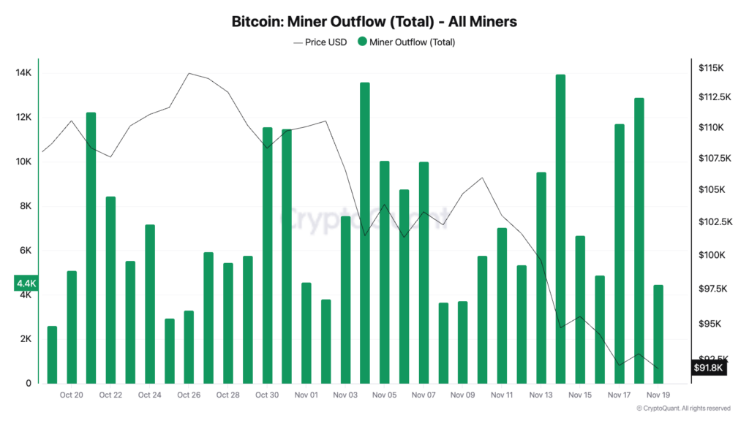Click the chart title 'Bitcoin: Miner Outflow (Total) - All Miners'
(374, 22)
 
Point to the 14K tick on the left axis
(23, 73)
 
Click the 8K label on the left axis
(24, 206)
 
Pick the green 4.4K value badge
(26, 283)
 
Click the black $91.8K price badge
(709, 368)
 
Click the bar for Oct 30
(267, 256)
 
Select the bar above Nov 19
(658, 334)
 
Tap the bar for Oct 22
(110, 290)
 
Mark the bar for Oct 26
(189, 347)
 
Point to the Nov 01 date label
(306, 395)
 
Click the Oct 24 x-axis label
(149, 395)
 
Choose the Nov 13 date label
(541, 395)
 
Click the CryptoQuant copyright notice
(683, 409)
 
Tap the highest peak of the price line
(189, 73)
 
